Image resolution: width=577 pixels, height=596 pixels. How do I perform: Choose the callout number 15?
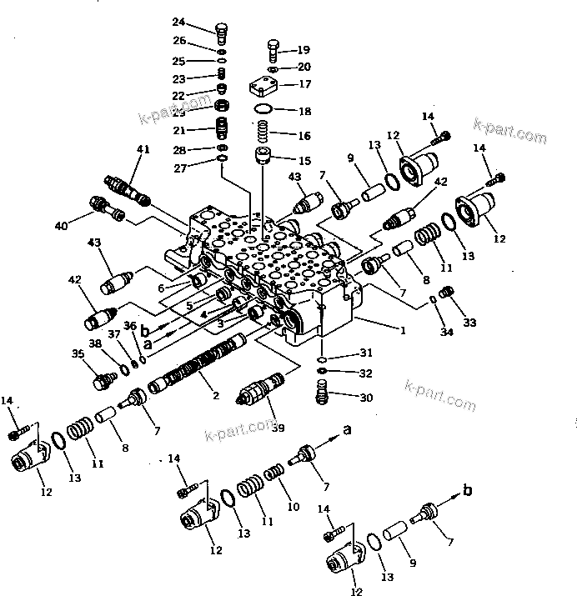pos(304,159)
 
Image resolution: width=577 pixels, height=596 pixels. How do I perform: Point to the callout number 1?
pos(403,330)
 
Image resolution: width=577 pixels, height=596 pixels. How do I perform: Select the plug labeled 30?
pos(322,393)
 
